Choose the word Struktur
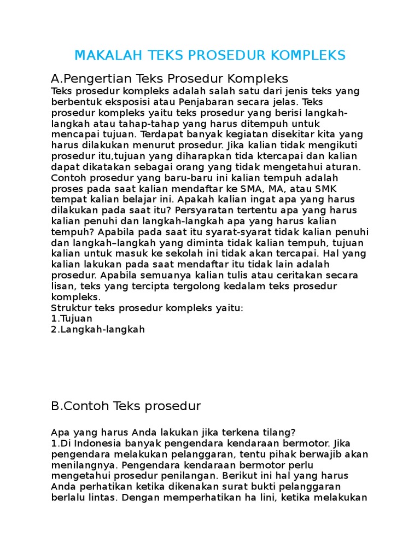click(x=71, y=308)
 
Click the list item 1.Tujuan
click(x=72, y=319)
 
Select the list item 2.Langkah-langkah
click(x=98, y=330)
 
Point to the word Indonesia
click(x=98, y=443)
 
